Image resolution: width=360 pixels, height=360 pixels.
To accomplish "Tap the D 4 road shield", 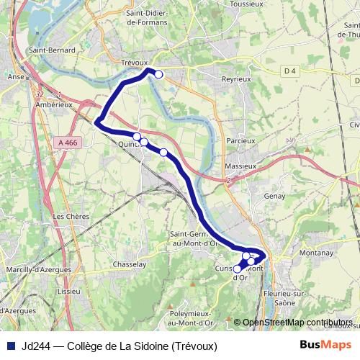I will tap(290, 71).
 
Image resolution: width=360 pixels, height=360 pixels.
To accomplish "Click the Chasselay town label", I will tap(130, 264).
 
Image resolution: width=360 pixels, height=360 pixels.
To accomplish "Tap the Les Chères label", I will tap(69, 216).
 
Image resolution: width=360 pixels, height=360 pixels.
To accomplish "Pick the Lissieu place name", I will tap(69, 292).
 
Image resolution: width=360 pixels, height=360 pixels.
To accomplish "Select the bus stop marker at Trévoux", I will tap(158, 74).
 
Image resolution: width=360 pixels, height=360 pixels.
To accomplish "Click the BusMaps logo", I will tap(325, 346).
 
